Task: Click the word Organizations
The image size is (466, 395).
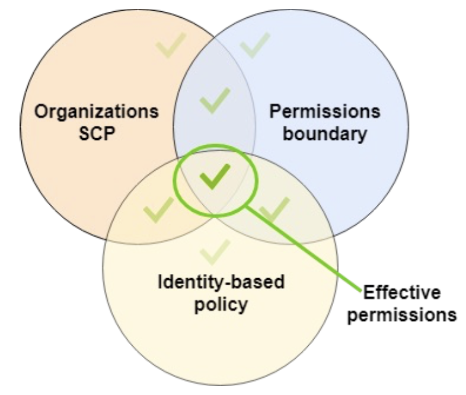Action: click(x=96, y=112)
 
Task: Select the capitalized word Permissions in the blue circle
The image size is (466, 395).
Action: click(x=325, y=112)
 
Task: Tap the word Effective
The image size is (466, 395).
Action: click(x=402, y=293)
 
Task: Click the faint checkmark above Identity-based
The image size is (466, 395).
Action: click(x=215, y=251)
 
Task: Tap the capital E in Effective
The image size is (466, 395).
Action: click(x=367, y=293)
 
